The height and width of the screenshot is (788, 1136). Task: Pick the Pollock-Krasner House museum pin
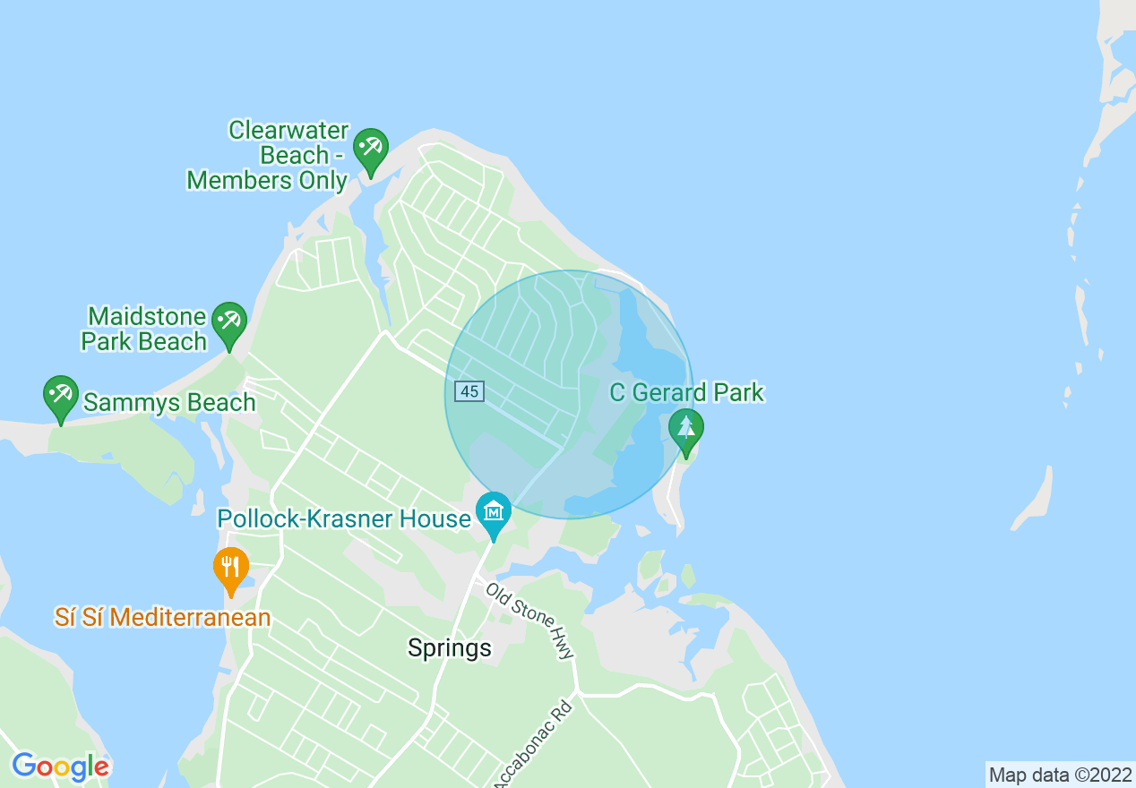[x=493, y=512]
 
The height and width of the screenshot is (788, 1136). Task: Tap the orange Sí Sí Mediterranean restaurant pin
[x=231, y=568]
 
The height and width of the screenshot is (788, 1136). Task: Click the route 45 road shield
[x=469, y=391]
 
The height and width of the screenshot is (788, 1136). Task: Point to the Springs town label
[x=450, y=648]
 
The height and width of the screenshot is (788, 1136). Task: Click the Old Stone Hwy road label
[x=530, y=621]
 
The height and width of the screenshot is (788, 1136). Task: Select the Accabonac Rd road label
[x=533, y=743]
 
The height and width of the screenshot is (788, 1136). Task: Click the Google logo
[x=60, y=767]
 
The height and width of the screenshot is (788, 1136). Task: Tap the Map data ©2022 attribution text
[x=1059, y=775]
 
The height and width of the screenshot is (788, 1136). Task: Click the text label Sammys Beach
[x=169, y=403]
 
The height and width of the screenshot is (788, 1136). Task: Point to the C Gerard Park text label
[x=687, y=392]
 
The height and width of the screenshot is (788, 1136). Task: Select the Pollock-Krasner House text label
[x=344, y=518]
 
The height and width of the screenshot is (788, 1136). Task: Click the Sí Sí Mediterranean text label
[x=162, y=618]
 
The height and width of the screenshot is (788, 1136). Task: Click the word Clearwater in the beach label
[x=288, y=131]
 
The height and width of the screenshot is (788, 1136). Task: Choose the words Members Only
[x=267, y=180]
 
